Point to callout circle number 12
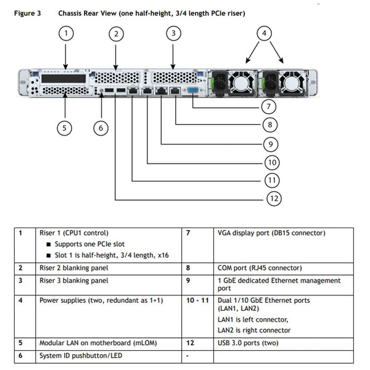tap(274, 198)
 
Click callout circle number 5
tap(65, 128)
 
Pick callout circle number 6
tap(101, 128)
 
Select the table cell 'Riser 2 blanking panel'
tap(74, 268)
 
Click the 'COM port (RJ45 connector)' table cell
tap(260, 268)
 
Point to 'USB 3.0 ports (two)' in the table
tap(248, 342)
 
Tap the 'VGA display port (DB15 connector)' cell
tap(271, 233)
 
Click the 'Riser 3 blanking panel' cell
tap(74, 281)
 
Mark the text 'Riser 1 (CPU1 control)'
tap(74, 233)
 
